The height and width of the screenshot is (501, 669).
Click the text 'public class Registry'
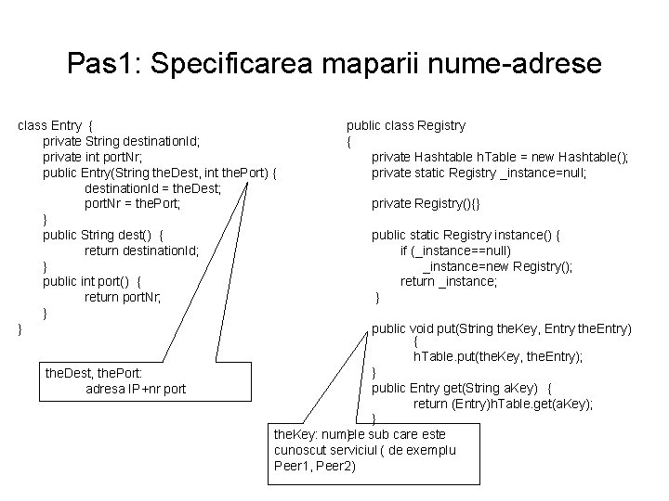click(406, 125)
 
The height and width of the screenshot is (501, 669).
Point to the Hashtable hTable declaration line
click(500, 157)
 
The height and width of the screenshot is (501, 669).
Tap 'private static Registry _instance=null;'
click(479, 173)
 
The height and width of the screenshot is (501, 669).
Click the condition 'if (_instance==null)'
click(455, 250)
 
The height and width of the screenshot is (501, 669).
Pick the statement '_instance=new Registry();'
click(497, 266)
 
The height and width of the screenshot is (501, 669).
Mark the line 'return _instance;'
click(449, 281)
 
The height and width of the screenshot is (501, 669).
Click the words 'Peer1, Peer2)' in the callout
click(315, 466)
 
